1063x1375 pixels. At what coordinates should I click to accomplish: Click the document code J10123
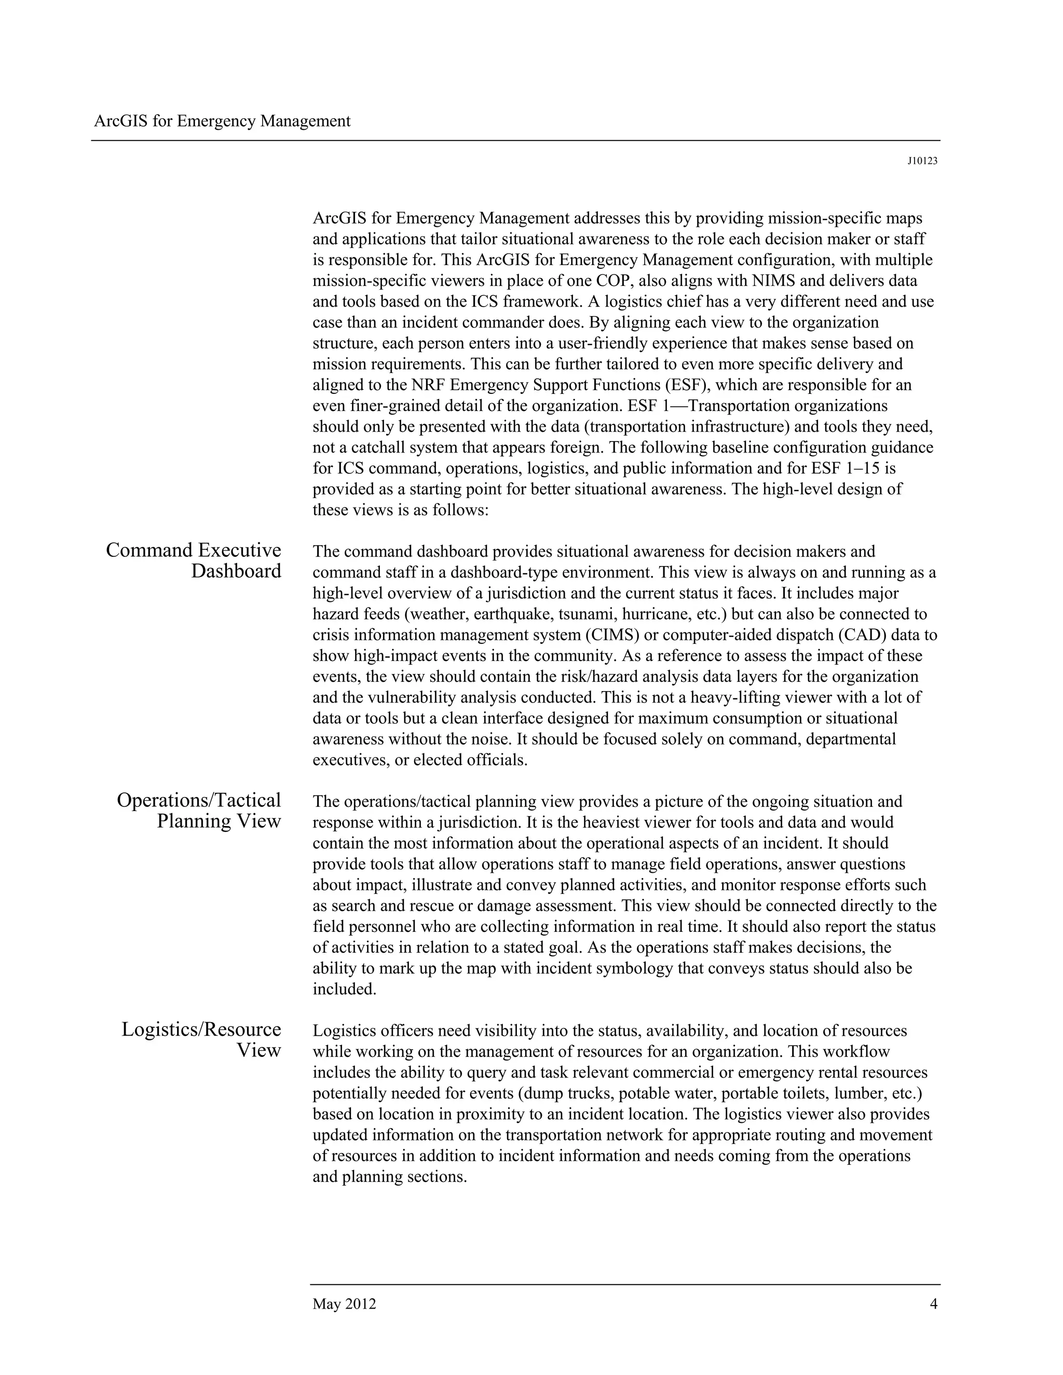click(x=922, y=161)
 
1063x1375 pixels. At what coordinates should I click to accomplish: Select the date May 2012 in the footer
click(x=344, y=1304)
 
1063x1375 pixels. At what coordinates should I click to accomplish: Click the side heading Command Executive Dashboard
click(x=193, y=560)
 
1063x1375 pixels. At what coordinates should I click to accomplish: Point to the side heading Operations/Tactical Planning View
click(x=199, y=810)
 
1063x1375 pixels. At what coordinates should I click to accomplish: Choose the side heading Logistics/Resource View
click(x=201, y=1039)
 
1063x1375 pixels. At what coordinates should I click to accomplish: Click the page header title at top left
click(x=222, y=121)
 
